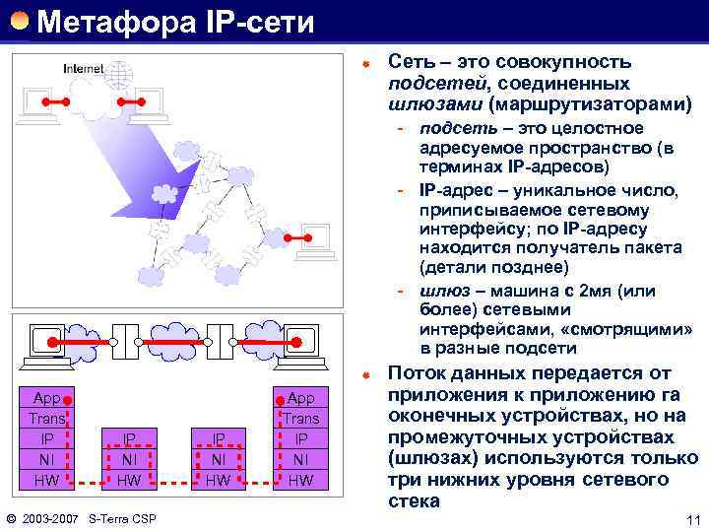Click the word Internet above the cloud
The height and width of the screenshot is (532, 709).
tap(83, 68)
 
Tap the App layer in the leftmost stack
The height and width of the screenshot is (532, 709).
tap(47, 398)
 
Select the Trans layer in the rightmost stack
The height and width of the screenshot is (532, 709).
tap(301, 419)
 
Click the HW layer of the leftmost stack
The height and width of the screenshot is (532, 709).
tap(47, 480)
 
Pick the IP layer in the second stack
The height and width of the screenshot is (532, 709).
tap(129, 439)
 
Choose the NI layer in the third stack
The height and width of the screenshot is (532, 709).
tap(220, 459)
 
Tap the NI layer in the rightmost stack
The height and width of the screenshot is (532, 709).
tap(301, 459)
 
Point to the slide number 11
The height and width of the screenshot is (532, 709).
tap(691, 519)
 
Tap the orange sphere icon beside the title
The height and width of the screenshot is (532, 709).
tap(20, 20)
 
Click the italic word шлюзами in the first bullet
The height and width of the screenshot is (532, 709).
tap(435, 103)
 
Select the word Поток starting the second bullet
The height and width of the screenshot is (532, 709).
tap(423, 373)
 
